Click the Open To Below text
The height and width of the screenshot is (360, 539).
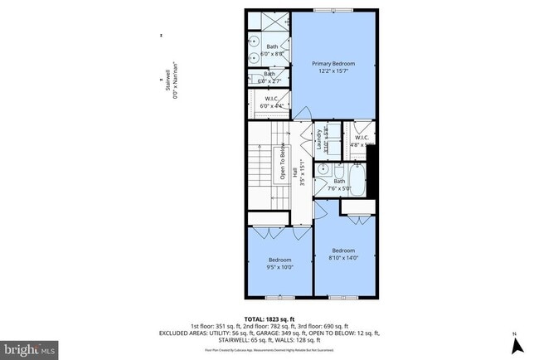coord(282,166)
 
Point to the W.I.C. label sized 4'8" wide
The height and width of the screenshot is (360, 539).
coord(362,138)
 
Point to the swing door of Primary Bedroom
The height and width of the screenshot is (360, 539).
coord(304,114)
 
